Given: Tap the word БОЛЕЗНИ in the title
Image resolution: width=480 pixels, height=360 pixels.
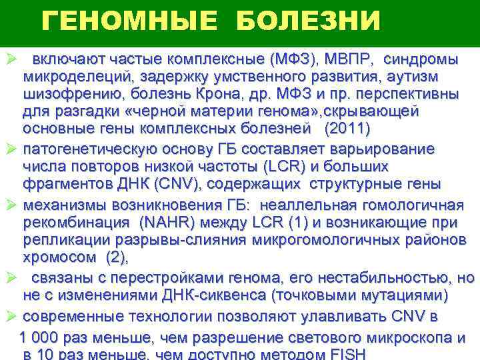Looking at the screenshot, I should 309,23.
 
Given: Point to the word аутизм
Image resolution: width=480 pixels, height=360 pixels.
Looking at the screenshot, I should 433,75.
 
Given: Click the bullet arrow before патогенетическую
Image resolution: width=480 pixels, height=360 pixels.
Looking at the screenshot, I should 9,149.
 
